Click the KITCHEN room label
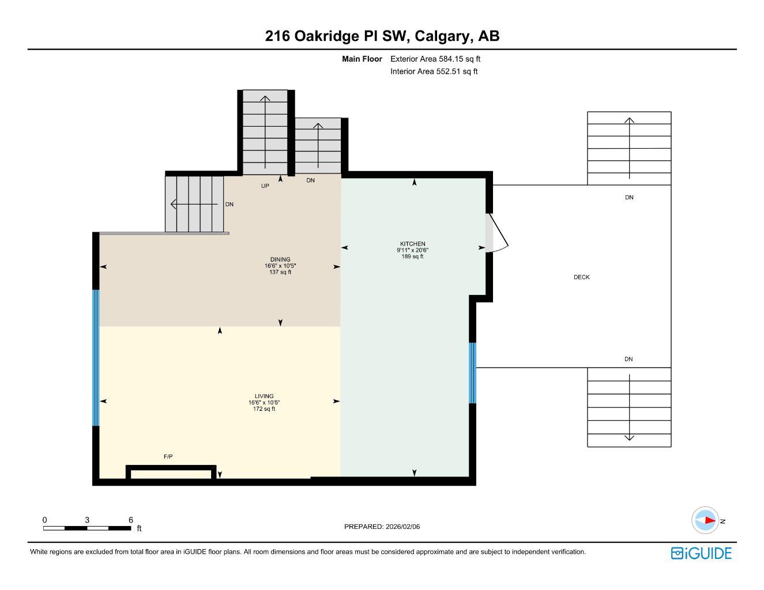(x=412, y=244)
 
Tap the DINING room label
(x=280, y=259)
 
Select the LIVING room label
(x=264, y=396)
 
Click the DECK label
(x=581, y=277)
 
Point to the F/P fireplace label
(x=168, y=457)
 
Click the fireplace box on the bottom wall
(x=171, y=474)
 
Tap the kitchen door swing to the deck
(x=497, y=234)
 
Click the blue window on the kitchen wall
(x=472, y=373)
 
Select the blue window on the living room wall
(x=96, y=357)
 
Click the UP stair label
(x=265, y=186)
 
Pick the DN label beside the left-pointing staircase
(x=229, y=205)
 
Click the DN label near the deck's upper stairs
(x=629, y=198)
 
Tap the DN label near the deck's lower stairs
(x=628, y=360)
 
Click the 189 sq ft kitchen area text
(x=412, y=257)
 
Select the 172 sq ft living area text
(x=264, y=409)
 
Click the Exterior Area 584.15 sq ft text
(x=435, y=59)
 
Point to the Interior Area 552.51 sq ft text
(x=434, y=72)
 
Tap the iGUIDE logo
(x=701, y=553)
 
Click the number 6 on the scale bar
(x=131, y=520)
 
